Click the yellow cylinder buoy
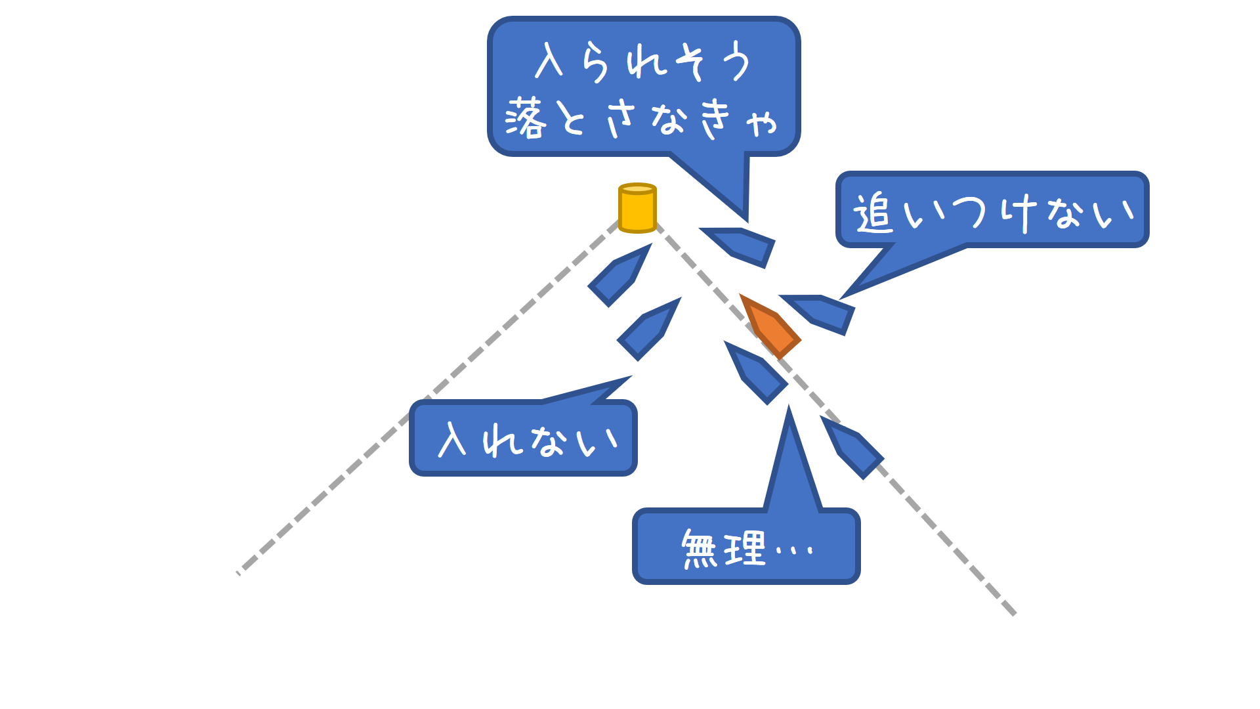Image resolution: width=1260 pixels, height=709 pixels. coord(637,208)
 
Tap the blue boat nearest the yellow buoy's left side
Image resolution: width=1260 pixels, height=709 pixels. coord(619,276)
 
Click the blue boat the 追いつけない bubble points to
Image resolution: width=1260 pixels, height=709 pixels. coord(820,313)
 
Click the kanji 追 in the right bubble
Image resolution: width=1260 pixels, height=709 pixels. coord(873,213)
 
